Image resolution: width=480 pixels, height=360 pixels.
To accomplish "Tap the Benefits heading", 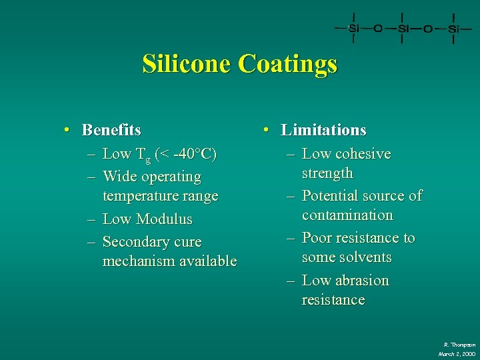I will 111,129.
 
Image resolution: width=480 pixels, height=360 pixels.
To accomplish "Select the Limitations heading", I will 323,129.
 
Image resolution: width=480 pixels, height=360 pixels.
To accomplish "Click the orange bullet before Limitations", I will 266,129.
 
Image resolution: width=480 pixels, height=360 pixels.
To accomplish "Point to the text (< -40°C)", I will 185,155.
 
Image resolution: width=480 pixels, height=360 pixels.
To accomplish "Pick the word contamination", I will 347,215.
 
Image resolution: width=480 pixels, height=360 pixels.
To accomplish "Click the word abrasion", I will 361,280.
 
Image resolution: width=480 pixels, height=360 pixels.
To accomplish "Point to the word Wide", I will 119,177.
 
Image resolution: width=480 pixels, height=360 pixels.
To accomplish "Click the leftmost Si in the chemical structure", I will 353,29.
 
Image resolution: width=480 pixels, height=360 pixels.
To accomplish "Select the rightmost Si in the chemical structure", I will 453,29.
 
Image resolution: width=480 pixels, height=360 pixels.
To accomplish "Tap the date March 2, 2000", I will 457,353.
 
